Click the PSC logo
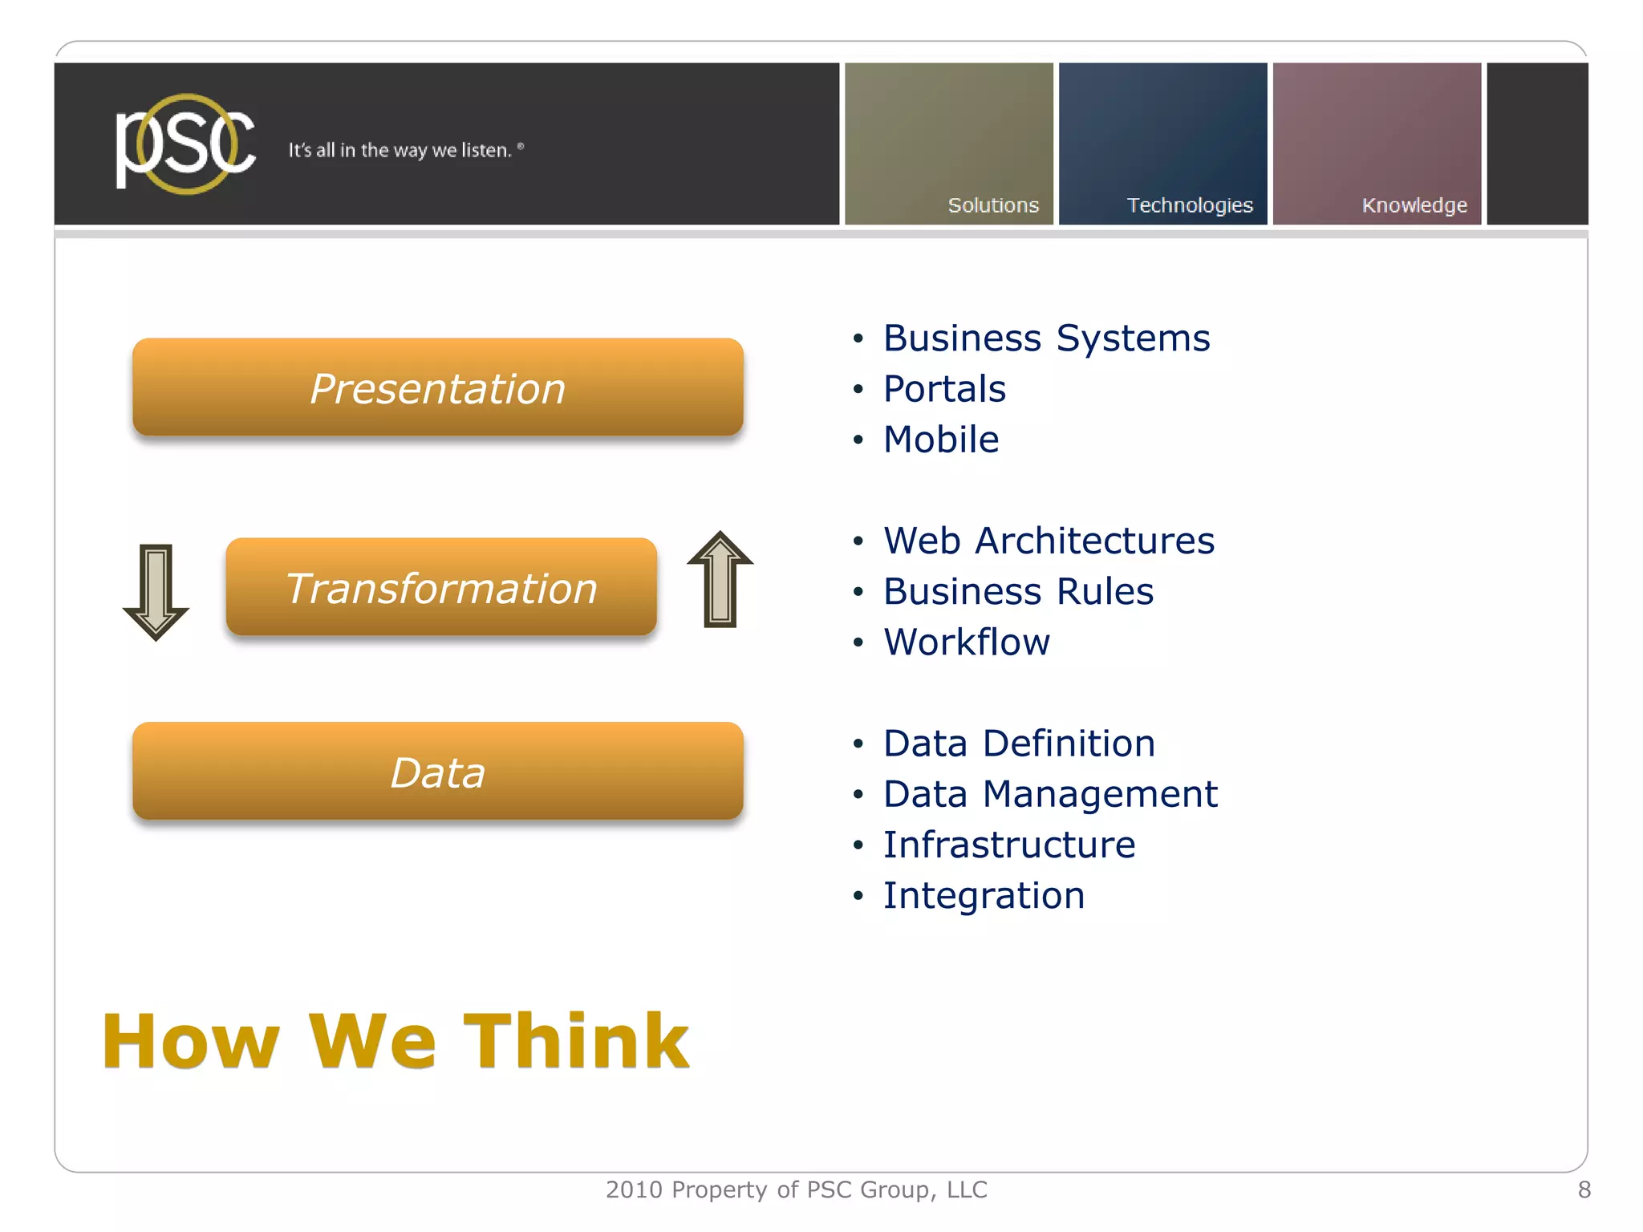coord(185,144)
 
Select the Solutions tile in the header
coord(948,144)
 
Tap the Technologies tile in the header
coord(1162,144)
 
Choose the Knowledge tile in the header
coord(1377,144)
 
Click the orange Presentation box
coord(438,387)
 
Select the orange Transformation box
coord(441,587)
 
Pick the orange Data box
coord(438,772)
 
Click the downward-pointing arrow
coord(156,591)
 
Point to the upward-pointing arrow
coord(720,580)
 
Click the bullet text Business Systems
coord(1045,338)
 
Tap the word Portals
coord(944,389)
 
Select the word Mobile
coord(941,440)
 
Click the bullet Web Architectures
coord(1049,541)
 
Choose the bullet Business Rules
coord(1018,591)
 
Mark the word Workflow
coord(967,642)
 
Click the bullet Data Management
coord(1050,794)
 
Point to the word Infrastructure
coord(1009,845)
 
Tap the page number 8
coord(1584,1189)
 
